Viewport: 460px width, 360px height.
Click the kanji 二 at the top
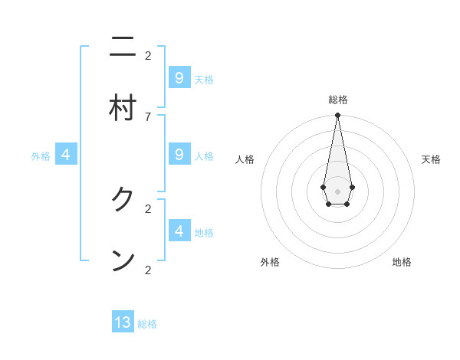pyautogui.click(x=123, y=49)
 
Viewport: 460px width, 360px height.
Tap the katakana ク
pyautogui.click(x=123, y=200)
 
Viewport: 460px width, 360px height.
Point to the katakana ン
pyautogui.click(x=123, y=260)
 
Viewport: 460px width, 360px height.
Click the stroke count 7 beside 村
pyautogui.click(x=148, y=116)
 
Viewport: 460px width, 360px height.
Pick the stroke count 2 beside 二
pyautogui.click(x=148, y=55)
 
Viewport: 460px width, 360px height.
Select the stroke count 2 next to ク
pyautogui.click(x=148, y=208)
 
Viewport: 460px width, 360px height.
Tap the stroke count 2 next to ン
pyautogui.click(x=148, y=269)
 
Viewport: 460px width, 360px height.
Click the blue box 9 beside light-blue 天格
pyautogui.click(x=179, y=77)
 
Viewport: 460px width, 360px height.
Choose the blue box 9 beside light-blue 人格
pyautogui.click(x=179, y=155)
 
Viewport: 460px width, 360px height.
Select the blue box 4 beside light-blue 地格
pyautogui.click(x=179, y=231)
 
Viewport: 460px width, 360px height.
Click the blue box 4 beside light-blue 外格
pyautogui.click(x=66, y=155)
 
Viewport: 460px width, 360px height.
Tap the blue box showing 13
pyautogui.click(x=123, y=322)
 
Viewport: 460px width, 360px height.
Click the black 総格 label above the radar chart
pyautogui.click(x=338, y=100)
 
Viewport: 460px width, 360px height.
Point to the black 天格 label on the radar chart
pyautogui.click(x=431, y=159)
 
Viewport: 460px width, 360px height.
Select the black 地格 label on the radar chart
pyautogui.click(x=402, y=262)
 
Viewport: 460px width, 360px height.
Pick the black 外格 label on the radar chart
pyautogui.click(x=270, y=262)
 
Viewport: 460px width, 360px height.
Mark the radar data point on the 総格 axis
pyautogui.click(x=337, y=116)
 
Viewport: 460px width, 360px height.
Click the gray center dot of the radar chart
pyautogui.click(x=337, y=191)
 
